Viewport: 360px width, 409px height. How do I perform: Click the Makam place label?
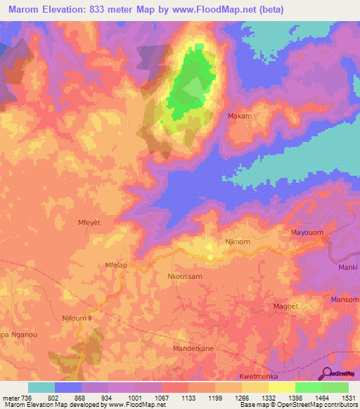tap(240, 115)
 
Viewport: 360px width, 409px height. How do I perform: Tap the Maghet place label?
tap(285, 306)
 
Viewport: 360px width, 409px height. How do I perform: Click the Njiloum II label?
tap(77, 318)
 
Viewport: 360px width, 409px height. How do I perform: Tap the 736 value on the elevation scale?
tap(22, 398)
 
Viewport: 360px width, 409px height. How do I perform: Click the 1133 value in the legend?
tap(188, 398)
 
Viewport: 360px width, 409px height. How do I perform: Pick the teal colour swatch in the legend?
tap(41, 387)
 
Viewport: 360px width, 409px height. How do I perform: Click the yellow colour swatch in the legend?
tap(281, 387)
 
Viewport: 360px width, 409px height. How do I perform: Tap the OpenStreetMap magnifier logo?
tap(328, 373)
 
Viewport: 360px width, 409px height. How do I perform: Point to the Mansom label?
tap(345, 300)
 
